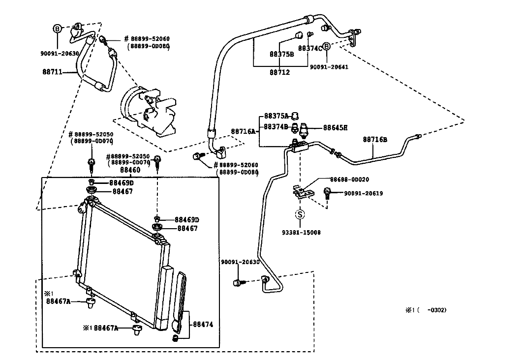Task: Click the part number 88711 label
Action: point(52,71)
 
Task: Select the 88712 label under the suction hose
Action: point(279,72)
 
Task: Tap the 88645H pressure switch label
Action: point(335,128)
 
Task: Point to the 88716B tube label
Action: point(375,140)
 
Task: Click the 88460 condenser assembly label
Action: point(130,170)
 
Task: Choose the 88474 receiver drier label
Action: point(203,324)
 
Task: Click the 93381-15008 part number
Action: point(301,233)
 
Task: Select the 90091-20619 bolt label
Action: point(363,193)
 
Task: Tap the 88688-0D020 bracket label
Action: point(349,180)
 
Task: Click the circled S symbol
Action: point(300,214)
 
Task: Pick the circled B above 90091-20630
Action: point(58,29)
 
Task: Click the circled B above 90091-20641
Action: point(327,46)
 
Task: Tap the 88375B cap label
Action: point(281,54)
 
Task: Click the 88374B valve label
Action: point(276,127)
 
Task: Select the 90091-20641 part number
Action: point(329,67)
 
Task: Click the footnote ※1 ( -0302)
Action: point(426,310)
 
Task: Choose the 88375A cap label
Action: point(276,116)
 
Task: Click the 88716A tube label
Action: point(243,131)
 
